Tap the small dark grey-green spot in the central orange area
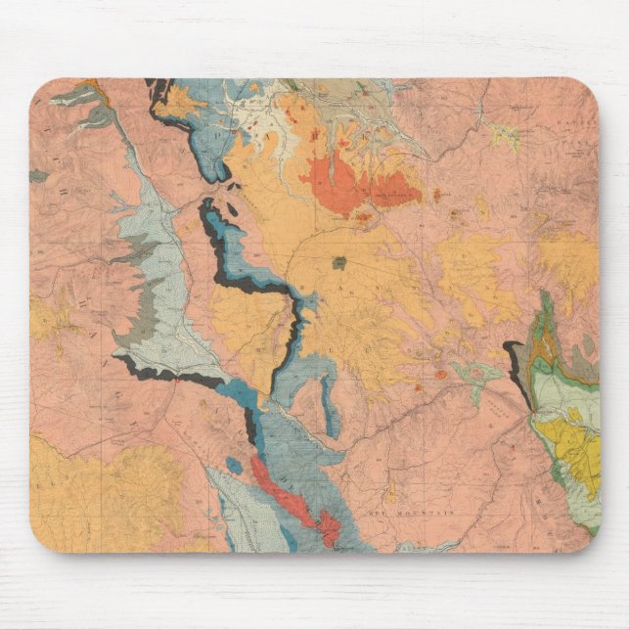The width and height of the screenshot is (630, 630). coord(338,262)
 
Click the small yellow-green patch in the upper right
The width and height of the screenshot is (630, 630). coord(506,135)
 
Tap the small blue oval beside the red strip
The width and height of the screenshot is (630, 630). coord(233,464)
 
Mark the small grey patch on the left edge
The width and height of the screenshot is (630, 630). coord(37,176)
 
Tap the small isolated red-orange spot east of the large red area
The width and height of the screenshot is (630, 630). coord(436,193)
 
